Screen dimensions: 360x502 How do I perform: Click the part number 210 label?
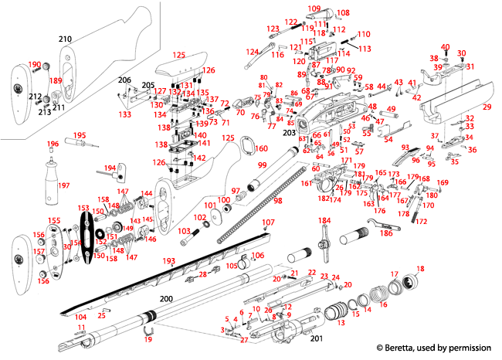click(x=66, y=38)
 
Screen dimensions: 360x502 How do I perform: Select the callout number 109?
click(x=314, y=8)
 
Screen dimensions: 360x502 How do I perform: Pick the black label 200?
click(x=166, y=297)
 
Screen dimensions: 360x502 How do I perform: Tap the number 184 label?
click(x=324, y=221)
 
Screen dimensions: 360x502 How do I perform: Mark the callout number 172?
click(x=422, y=221)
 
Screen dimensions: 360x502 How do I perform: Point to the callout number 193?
click(x=169, y=262)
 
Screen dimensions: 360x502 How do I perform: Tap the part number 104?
click(x=80, y=318)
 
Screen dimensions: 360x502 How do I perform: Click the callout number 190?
click(x=34, y=65)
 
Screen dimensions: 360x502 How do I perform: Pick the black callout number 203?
click(x=290, y=133)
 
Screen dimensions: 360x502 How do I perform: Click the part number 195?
click(x=80, y=136)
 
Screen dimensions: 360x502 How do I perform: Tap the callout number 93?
click(x=405, y=147)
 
